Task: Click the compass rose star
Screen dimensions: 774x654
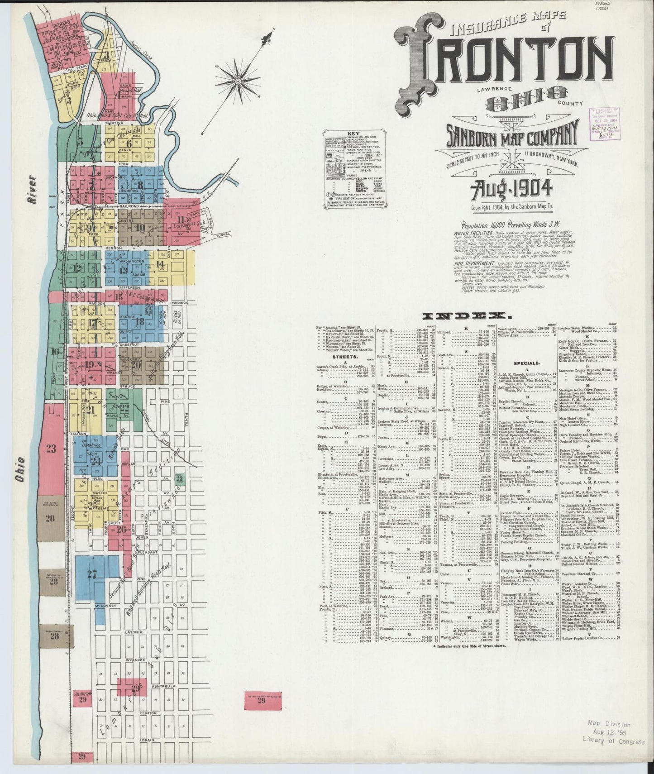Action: point(238,81)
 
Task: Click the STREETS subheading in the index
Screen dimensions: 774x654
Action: point(343,356)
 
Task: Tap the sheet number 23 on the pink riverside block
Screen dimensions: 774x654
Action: point(50,449)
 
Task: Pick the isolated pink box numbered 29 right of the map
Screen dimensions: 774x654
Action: point(261,713)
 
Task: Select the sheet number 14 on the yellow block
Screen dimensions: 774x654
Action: point(160,264)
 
